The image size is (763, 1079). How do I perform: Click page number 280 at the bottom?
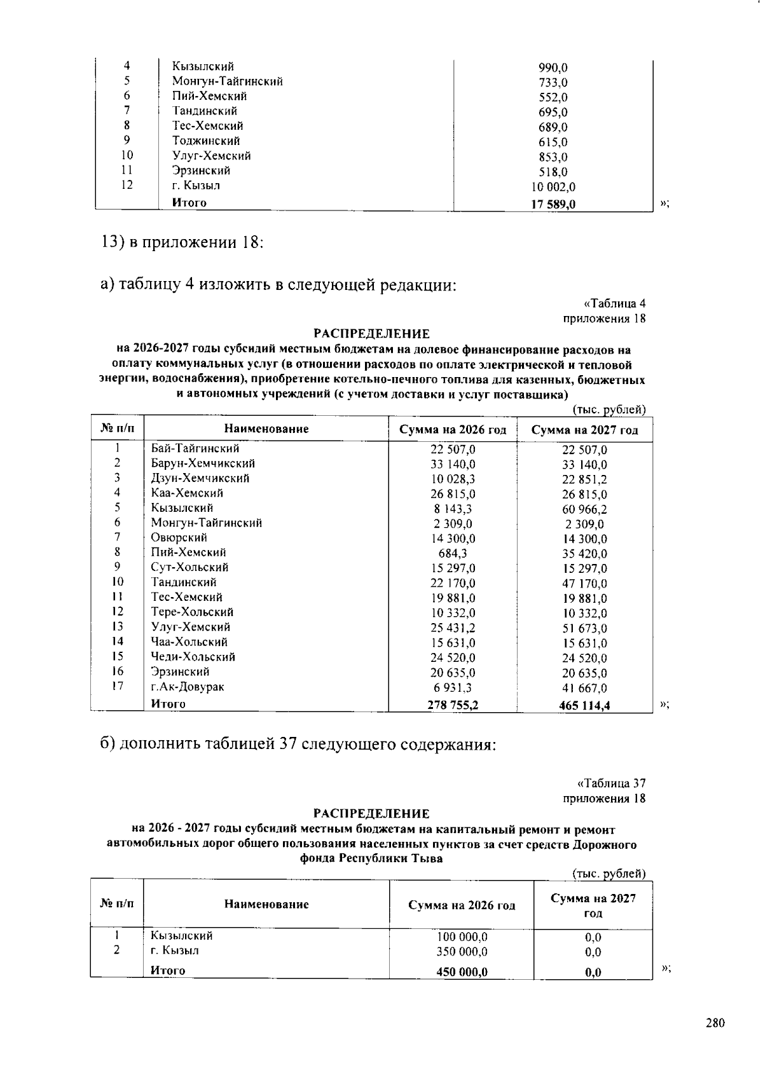pyautogui.click(x=715, y=1024)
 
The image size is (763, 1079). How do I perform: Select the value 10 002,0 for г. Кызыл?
pyautogui.click(x=553, y=188)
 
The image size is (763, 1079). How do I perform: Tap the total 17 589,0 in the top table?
pyautogui.click(x=553, y=205)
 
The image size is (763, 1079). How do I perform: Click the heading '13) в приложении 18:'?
pyautogui.click(x=182, y=243)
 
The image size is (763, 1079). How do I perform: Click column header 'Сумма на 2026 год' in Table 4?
pyautogui.click(x=453, y=430)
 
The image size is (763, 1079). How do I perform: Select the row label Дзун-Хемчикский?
pyautogui.click(x=200, y=478)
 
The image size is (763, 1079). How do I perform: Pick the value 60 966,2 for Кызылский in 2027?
pyautogui.click(x=584, y=509)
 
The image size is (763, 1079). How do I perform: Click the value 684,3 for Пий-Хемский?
pyautogui.click(x=453, y=554)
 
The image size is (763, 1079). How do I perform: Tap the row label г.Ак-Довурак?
pyautogui.click(x=188, y=687)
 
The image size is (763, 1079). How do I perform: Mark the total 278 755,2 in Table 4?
pyautogui.click(x=453, y=704)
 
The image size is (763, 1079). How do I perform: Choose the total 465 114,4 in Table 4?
pyautogui.click(x=584, y=705)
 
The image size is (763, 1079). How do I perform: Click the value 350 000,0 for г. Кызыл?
pyautogui.click(x=462, y=952)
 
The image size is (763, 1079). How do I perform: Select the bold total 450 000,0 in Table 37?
pyautogui.click(x=462, y=972)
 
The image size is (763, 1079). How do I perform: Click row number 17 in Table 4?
pyautogui.click(x=117, y=686)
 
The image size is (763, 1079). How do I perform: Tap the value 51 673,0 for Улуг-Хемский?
pyautogui.click(x=584, y=628)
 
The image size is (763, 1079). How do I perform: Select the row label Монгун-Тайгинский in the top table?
pyautogui.click(x=227, y=81)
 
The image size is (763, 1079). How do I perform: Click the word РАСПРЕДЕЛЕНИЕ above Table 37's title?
pyautogui.click(x=371, y=813)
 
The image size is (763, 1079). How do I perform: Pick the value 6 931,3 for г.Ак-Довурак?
pyautogui.click(x=453, y=688)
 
